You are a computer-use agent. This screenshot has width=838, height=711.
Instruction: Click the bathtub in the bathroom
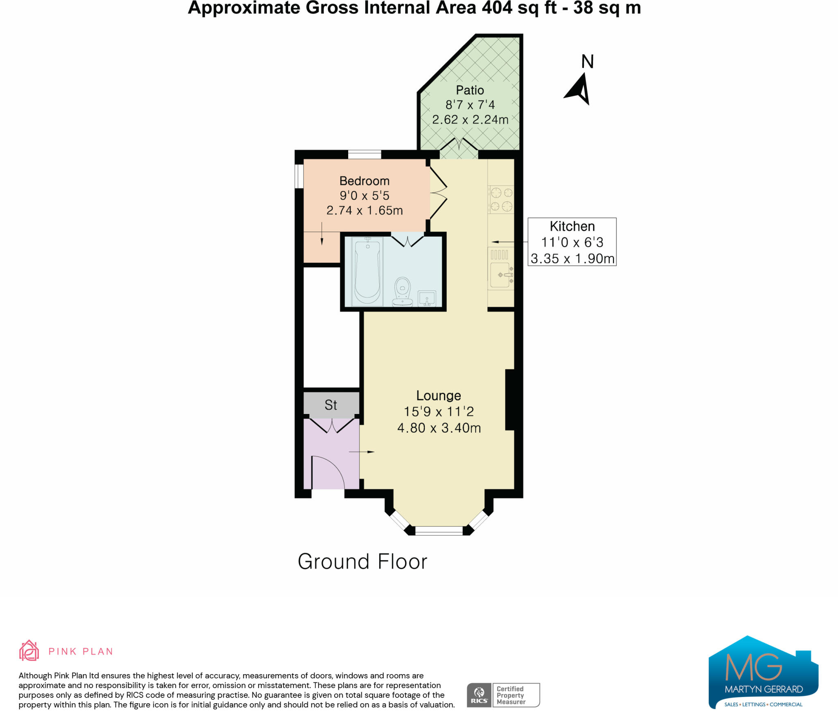pyautogui.click(x=367, y=271)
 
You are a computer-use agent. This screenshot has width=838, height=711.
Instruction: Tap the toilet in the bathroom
pyautogui.click(x=402, y=292)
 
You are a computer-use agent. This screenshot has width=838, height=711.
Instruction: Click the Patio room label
pyautogui.click(x=470, y=90)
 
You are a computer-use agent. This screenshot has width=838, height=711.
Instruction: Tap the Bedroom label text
pyautogui.click(x=364, y=181)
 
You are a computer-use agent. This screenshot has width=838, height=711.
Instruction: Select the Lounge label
pyautogui.click(x=438, y=396)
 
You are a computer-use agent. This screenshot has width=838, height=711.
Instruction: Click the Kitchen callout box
pyautogui.click(x=572, y=242)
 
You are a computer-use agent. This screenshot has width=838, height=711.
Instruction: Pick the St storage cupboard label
pyautogui.click(x=331, y=405)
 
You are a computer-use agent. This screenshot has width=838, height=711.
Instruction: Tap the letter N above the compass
pyautogui.click(x=587, y=62)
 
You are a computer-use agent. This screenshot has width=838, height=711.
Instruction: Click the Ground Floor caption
pyautogui.click(x=362, y=561)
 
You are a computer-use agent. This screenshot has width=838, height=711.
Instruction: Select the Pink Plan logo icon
pyautogui.click(x=29, y=651)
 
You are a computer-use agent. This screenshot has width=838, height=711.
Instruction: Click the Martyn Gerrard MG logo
pyautogui.click(x=763, y=673)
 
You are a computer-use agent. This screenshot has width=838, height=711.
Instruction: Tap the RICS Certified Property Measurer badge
pyautogui.click(x=503, y=695)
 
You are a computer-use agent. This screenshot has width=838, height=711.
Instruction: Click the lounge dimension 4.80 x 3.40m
pyautogui.click(x=439, y=428)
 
